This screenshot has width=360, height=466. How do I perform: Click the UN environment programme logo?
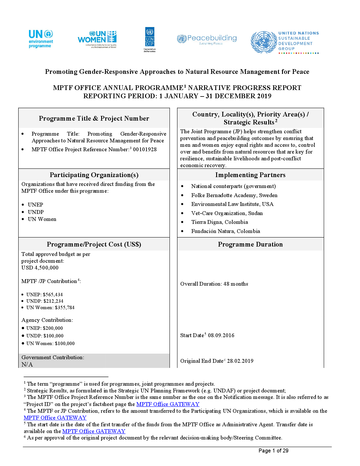coord(41,39)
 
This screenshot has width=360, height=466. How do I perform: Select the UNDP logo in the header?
coord(150,39)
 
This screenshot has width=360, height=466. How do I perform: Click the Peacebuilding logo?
coord(207,39)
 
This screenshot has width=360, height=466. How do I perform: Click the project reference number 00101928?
coord(145,149)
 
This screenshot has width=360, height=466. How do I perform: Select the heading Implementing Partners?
coord(250,175)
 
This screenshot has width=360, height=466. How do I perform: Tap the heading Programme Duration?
coord(250,244)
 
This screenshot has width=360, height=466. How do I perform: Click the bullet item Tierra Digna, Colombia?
coord(220,222)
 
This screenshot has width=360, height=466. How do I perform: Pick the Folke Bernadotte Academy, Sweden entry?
coord(234,195)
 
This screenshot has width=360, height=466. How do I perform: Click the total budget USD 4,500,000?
coord(40,268)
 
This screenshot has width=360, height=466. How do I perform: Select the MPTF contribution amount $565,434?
coord(53,295)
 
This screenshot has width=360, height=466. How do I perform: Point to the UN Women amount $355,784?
coord(65,307)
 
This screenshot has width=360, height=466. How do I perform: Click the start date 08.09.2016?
coord(221,335)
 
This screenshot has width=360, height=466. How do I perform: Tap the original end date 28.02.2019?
coord(240,361)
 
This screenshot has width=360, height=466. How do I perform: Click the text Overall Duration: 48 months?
coord(214,284)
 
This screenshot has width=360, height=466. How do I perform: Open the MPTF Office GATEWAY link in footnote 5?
coord(94,431)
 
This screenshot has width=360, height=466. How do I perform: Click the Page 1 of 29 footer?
coord(273,451)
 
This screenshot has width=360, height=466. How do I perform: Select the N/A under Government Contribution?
coord(27,365)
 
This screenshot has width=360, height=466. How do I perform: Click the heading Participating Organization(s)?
coord(94,175)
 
